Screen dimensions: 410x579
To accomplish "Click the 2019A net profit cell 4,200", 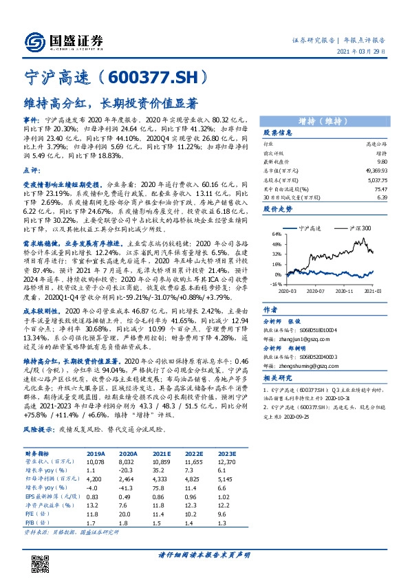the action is pyautogui.click(x=95, y=477).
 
